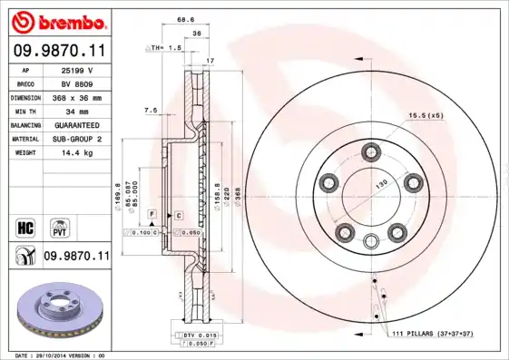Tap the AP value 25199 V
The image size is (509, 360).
pyautogui.click(x=78, y=69)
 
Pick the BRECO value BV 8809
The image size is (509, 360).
pyautogui.click(x=78, y=83)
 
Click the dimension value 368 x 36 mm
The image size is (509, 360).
pyautogui.click(x=78, y=96)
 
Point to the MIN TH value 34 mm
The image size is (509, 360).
pyautogui.click(x=78, y=110)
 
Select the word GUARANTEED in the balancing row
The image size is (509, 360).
pyautogui.click(x=78, y=124)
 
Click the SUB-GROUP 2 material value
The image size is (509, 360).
pyautogui.click(x=78, y=139)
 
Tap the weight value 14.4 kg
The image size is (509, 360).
pyautogui.click(x=78, y=152)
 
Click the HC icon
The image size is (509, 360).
pyautogui.click(x=26, y=224)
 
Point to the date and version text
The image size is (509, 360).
pyautogui.click(x=58, y=355)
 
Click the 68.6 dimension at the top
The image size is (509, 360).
pyautogui.click(x=186, y=19)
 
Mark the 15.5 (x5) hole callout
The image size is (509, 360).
pyautogui.click(x=425, y=116)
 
